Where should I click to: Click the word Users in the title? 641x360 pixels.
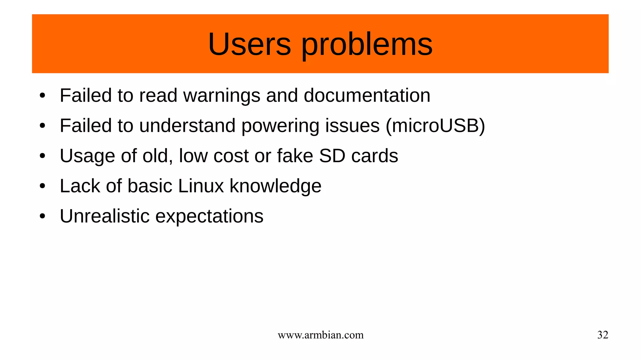pyautogui.click(x=249, y=44)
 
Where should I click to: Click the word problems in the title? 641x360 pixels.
pyautogui.click(x=367, y=44)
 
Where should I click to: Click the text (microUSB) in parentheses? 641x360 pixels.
pyautogui.click(x=435, y=126)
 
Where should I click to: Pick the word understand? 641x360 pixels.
pyautogui.click(x=187, y=126)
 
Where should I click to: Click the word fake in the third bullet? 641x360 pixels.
pyautogui.click(x=295, y=156)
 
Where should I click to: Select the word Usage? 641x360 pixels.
pyautogui.click(x=87, y=156)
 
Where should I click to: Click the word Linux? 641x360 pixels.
pyautogui.click(x=201, y=186)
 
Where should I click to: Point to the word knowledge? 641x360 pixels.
pyautogui.click(x=275, y=186)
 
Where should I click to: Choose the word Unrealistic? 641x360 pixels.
pyautogui.click(x=105, y=216)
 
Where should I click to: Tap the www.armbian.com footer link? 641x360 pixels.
pyautogui.click(x=320, y=335)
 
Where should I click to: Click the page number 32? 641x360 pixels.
pyautogui.click(x=603, y=335)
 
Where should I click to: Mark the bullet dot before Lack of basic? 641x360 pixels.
pyautogui.click(x=43, y=186)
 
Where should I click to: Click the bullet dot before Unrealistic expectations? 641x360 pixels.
pyautogui.click(x=43, y=216)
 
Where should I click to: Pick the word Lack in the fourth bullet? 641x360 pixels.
pyautogui.click(x=80, y=186)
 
